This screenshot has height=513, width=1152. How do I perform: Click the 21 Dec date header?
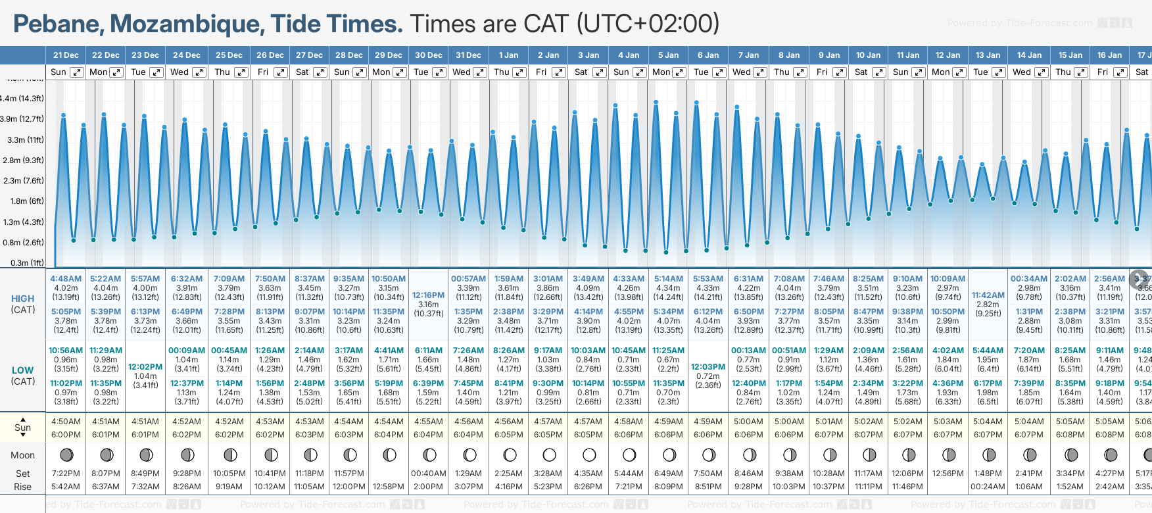pos(66,55)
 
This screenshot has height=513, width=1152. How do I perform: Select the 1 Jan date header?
pos(508,55)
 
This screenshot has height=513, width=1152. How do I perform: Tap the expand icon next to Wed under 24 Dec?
pos(199,72)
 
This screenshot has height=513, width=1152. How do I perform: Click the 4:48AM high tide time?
pos(66,279)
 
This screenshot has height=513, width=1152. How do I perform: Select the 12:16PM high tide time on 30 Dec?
pos(429,295)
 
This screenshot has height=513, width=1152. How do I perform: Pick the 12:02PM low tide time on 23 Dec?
pos(145,367)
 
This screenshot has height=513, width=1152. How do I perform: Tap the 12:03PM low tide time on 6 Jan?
pos(708,367)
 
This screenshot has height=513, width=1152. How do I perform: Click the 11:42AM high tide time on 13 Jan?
pos(988,295)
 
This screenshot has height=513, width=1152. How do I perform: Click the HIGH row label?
pos(23,299)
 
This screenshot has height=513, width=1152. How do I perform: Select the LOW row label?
pos(23,370)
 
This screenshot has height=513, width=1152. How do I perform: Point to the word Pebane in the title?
pos(57,24)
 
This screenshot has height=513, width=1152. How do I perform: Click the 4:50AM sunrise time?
pos(66,422)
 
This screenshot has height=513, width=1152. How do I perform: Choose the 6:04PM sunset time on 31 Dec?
pos(468,435)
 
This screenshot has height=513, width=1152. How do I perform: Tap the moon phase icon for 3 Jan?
pos(589,455)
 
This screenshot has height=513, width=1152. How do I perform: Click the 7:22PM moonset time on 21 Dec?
pos(66,474)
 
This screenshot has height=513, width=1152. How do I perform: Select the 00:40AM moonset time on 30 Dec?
pos(429,474)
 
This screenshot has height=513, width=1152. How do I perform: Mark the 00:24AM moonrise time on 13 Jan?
pos(988,487)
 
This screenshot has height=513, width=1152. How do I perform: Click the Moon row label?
pos(23,455)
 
